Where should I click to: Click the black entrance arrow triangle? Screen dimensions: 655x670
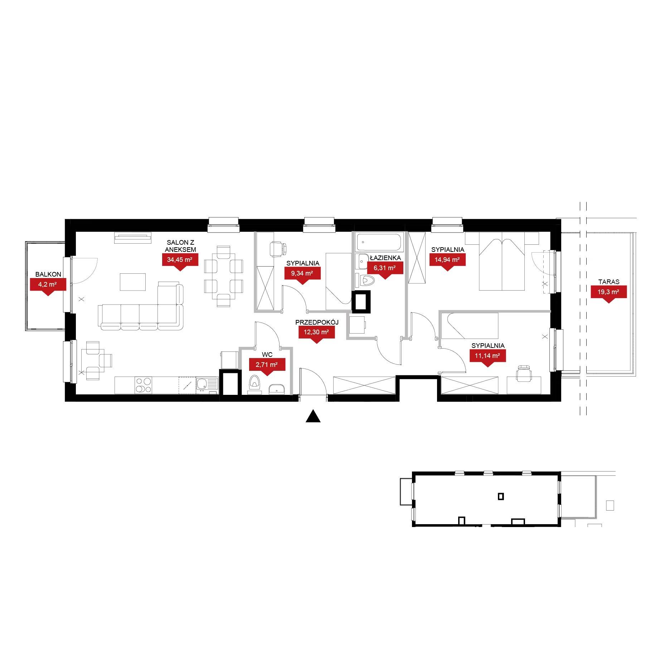(313, 416)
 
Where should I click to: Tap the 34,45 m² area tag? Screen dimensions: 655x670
(180, 261)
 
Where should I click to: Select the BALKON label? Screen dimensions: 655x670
(48, 274)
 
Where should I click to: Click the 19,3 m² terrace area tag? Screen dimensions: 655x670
(608, 293)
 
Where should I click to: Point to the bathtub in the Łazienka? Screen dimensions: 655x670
(380, 242)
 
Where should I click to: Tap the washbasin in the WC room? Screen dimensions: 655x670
(276, 389)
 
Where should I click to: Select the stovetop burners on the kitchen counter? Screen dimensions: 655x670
(143, 385)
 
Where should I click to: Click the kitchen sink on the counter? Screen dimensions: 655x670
(207, 385)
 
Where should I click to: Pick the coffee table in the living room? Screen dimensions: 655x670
(133, 282)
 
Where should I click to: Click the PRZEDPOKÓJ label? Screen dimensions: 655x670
(317, 322)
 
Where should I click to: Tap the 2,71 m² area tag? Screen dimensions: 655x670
(267, 367)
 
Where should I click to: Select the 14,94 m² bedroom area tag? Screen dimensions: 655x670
(447, 261)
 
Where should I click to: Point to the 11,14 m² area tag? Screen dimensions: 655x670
(487, 358)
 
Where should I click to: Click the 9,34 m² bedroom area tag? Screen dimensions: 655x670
(302, 275)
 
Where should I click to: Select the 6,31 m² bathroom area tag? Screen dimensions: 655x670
(385, 269)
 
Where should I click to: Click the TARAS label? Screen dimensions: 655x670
(609, 282)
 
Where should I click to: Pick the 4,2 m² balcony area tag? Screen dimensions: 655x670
(48, 287)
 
